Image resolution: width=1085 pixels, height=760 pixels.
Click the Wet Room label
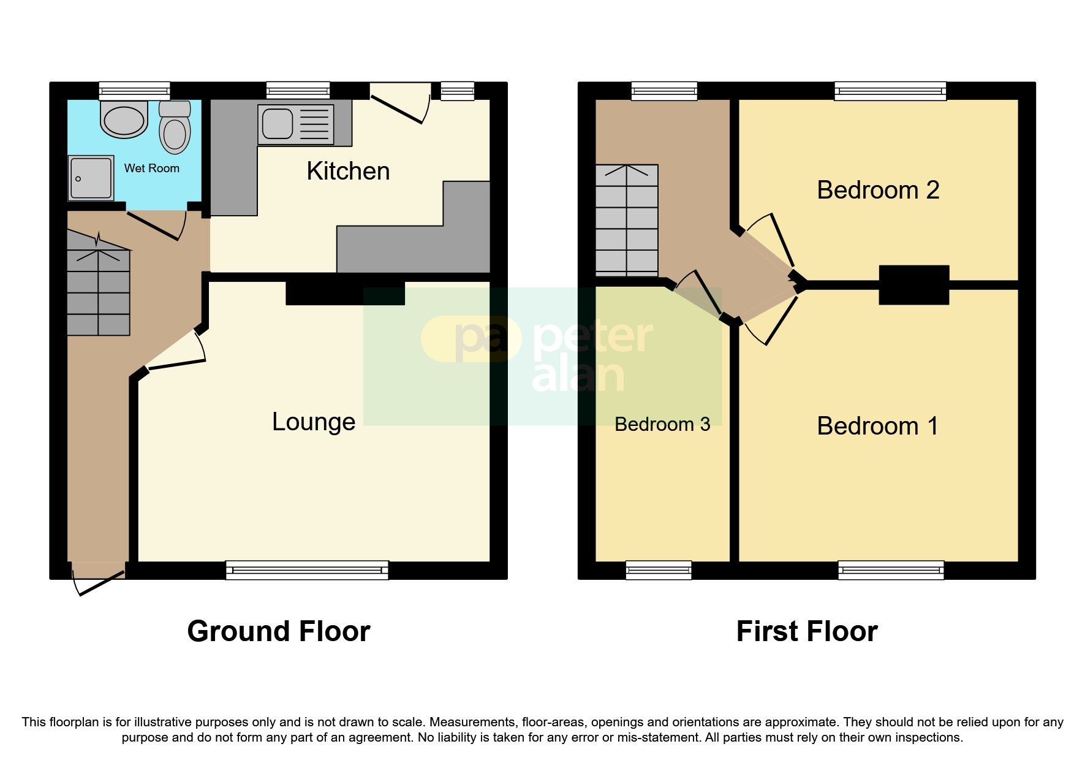point(151,168)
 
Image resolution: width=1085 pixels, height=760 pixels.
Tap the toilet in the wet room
point(175,128)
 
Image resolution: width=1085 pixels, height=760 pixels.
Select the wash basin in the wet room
point(124,120)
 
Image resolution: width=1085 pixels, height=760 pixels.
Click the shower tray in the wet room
point(91,178)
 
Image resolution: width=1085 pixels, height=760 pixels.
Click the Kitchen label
point(348,171)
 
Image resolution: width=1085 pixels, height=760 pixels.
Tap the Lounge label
point(314,422)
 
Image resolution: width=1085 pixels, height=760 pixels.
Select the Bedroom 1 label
point(877,426)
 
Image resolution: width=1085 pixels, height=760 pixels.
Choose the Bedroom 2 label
point(878,190)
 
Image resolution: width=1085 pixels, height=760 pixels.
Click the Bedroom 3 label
point(662,424)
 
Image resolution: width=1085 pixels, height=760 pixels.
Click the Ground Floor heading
point(279,631)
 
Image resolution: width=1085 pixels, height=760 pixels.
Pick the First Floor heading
point(807,631)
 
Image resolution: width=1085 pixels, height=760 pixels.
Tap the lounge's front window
point(307,570)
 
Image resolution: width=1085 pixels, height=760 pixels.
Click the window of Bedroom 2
point(890,91)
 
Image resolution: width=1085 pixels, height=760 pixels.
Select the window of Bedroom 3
point(659,570)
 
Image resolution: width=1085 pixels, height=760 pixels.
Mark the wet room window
point(135,91)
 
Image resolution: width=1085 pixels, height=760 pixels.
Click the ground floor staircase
point(98,288)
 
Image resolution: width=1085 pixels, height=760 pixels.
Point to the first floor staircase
point(627,221)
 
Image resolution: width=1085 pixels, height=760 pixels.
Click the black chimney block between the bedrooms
point(913,285)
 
